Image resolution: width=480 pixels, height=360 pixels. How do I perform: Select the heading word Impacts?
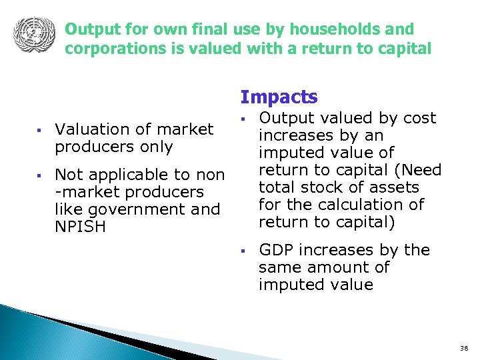tap(279, 97)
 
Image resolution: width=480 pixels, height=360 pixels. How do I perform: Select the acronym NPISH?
tap(79, 227)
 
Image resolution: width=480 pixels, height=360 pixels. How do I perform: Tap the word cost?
tap(421, 118)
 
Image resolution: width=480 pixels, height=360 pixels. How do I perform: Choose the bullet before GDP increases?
tap(244, 251)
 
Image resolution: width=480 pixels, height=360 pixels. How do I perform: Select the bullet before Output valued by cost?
tap(244, 119)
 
